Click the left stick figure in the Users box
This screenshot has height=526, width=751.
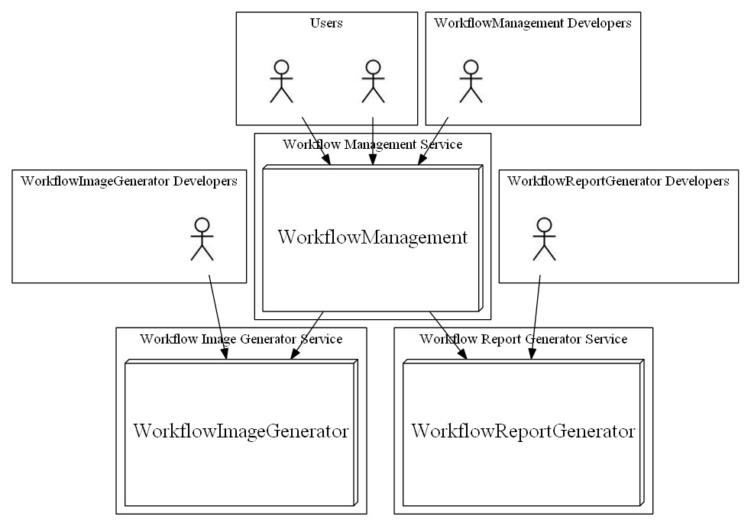(x=282, y=80)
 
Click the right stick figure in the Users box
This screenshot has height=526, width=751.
(x=372, y=80)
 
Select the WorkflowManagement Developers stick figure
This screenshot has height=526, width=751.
(x=471, y=80)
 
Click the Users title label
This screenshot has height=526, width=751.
(x=326, y=23)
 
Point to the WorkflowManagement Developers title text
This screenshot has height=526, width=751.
(x=532, y=23)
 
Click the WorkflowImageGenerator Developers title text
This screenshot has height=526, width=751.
(x=129, y=181)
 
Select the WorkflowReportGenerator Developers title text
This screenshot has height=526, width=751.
(x=618, y=181)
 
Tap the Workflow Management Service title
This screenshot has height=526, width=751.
(x=372, y=144)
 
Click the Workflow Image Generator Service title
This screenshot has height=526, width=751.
(x=241, y=338)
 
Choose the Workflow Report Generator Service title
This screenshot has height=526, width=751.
(x=523, y=338)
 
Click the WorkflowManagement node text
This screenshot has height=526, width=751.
(x=372, y=237)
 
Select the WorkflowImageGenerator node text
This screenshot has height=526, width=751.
(x=241, y=431)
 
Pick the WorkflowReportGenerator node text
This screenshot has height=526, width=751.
(x=523, y=431)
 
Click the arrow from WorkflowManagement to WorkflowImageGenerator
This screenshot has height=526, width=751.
(x=307, y=334)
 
